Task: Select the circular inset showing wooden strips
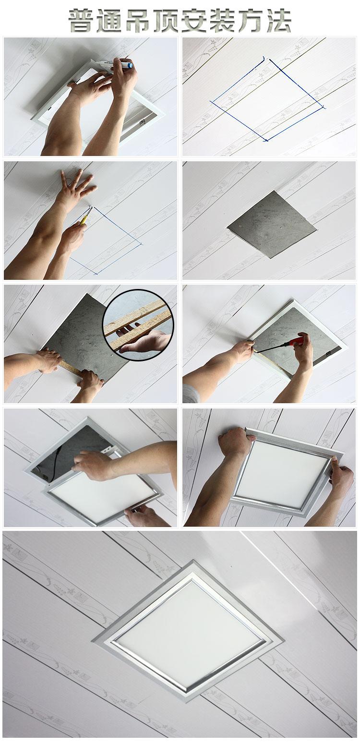coord(138,325)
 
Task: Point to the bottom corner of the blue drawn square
coord(266,141)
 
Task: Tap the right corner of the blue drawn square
coord(323,107)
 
